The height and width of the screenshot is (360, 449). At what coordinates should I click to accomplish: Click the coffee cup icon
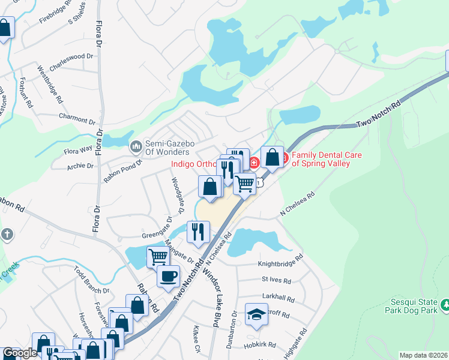coord(167,276)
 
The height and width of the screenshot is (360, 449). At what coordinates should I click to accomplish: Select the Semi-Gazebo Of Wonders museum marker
coord(136,146)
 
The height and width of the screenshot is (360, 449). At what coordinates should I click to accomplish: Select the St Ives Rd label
coord(276,280)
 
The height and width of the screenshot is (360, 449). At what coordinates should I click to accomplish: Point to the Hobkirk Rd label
coord(260,345)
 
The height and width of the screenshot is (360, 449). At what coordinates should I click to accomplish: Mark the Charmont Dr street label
coord(77,118)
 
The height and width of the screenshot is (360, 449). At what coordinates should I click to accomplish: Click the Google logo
coord(19,353)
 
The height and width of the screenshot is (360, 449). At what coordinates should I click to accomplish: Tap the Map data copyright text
coord(423,355)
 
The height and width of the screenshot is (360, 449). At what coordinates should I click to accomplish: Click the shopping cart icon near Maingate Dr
coord(158,257)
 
